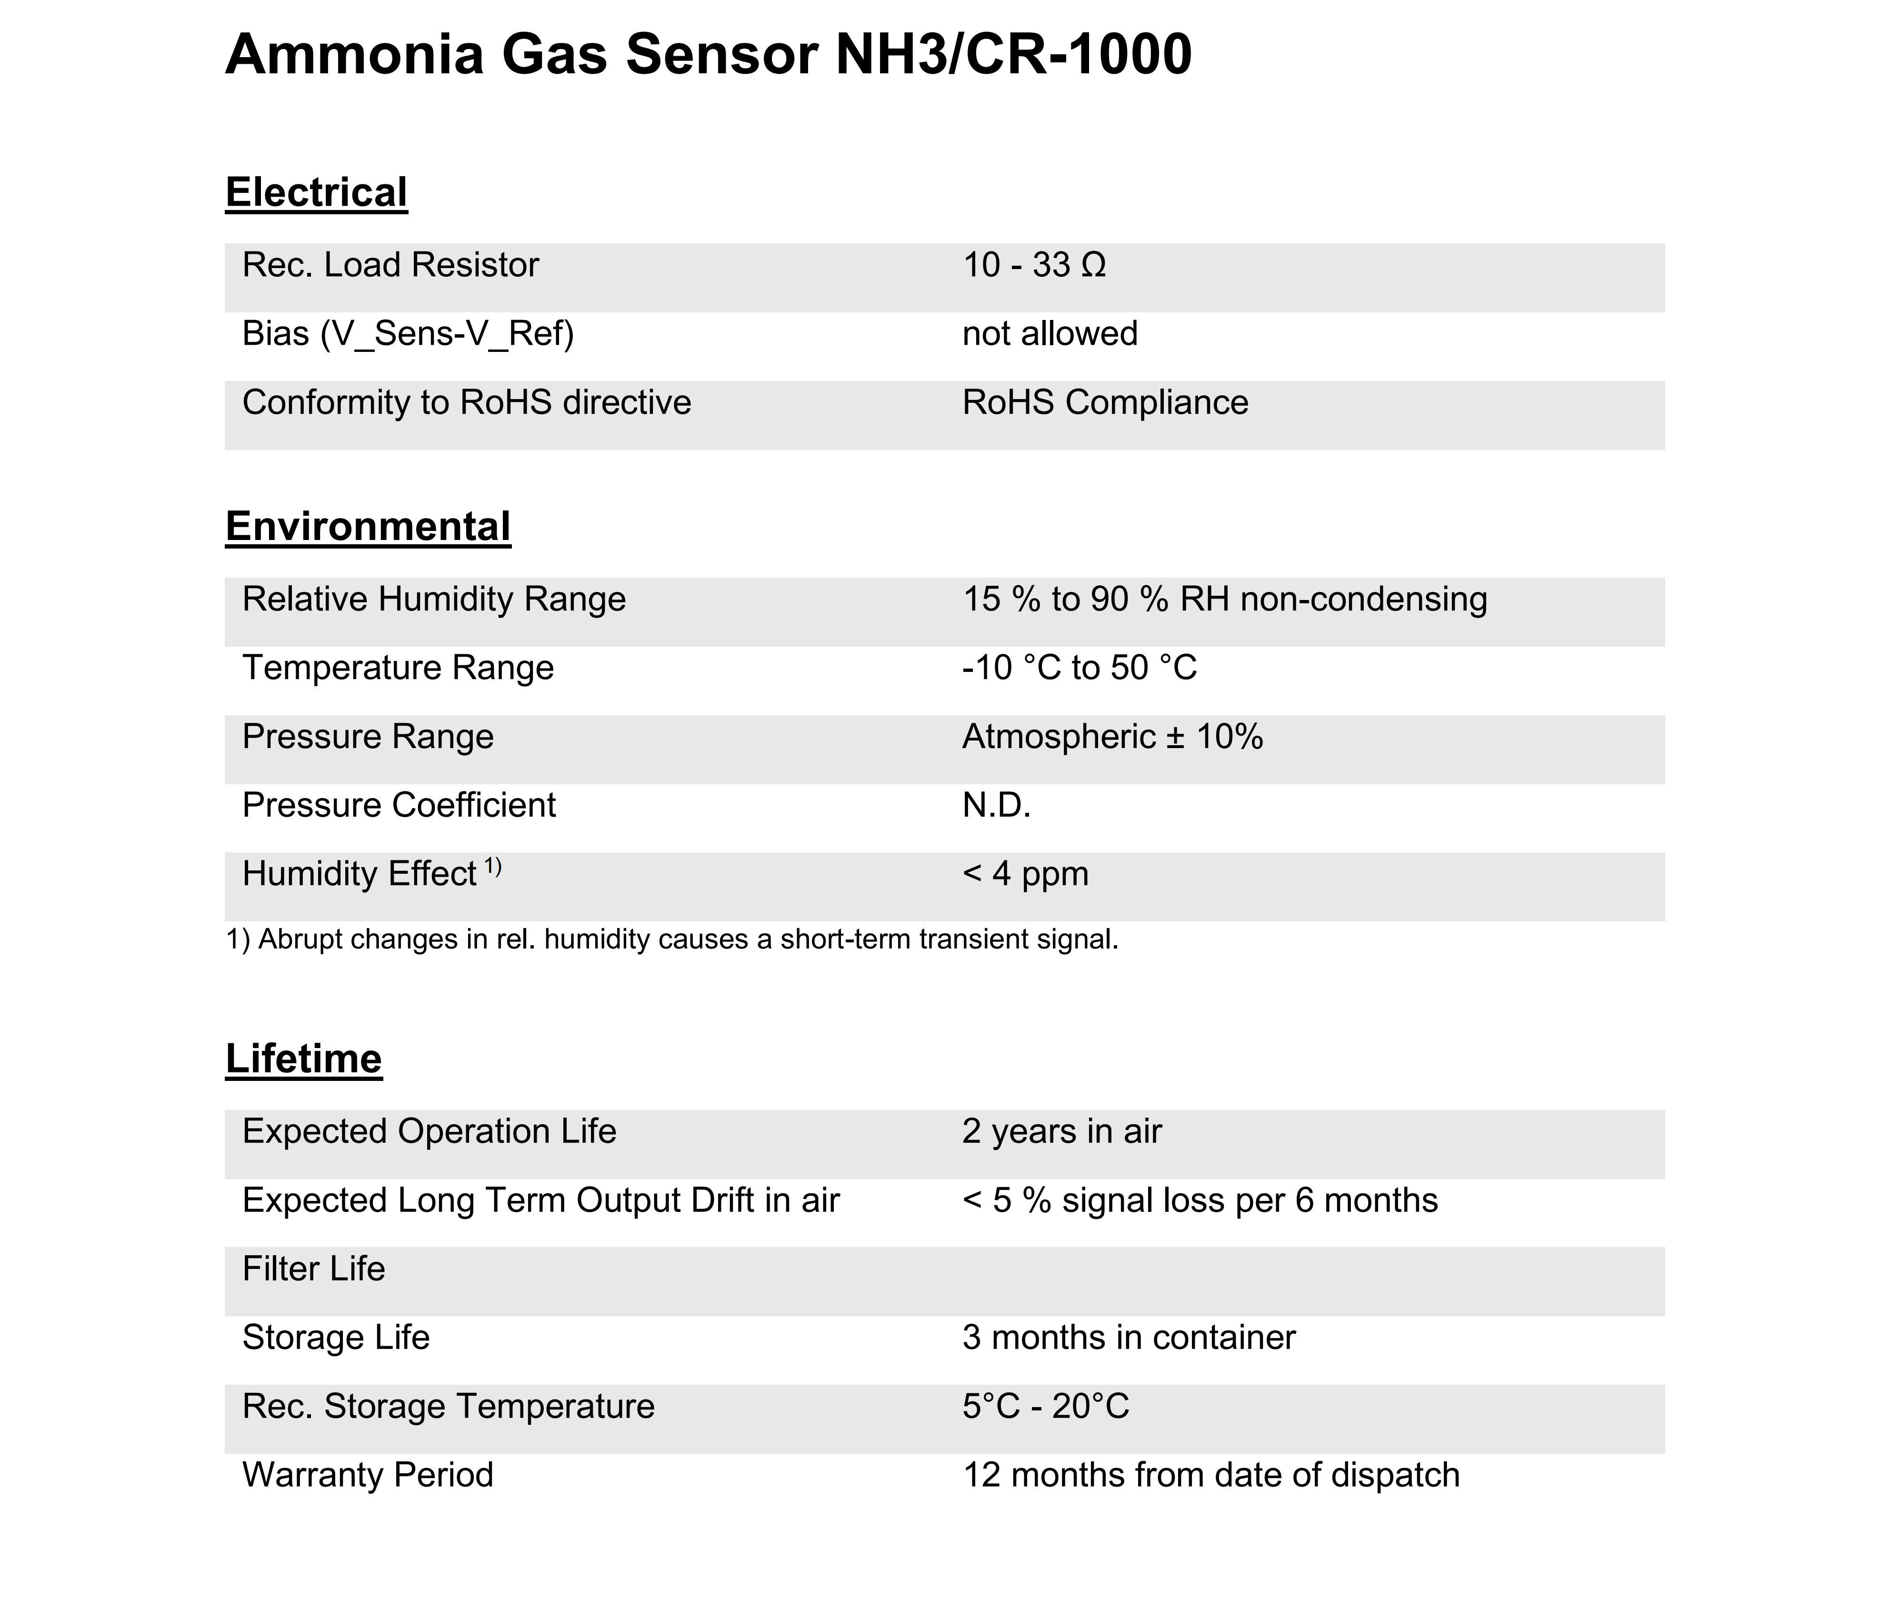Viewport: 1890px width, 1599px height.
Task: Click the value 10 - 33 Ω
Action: pos(1033,266)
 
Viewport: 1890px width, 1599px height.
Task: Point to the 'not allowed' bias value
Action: pos(1049,334)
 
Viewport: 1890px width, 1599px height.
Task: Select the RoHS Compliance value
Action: pos(1104,402)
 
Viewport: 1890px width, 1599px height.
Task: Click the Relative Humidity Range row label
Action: pos(433,599)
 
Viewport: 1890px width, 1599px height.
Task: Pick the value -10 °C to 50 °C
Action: pos(1079,668)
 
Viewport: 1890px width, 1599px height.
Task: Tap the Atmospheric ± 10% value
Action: pos(1111,737)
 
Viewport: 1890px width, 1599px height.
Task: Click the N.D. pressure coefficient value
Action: pos(996,805)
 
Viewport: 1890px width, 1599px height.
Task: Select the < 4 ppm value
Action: pos(1025,874)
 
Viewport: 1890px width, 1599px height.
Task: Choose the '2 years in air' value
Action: pos(1061,1131)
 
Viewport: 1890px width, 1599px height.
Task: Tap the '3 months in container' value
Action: pos(1129,1338)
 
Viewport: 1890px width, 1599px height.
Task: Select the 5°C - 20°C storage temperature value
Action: pos(1045,1407)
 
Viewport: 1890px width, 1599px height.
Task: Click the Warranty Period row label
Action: pos(367,1475)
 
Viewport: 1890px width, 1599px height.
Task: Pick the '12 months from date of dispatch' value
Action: pos(1210,1475)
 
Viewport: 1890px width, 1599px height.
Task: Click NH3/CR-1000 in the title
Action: pos(1012,54)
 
